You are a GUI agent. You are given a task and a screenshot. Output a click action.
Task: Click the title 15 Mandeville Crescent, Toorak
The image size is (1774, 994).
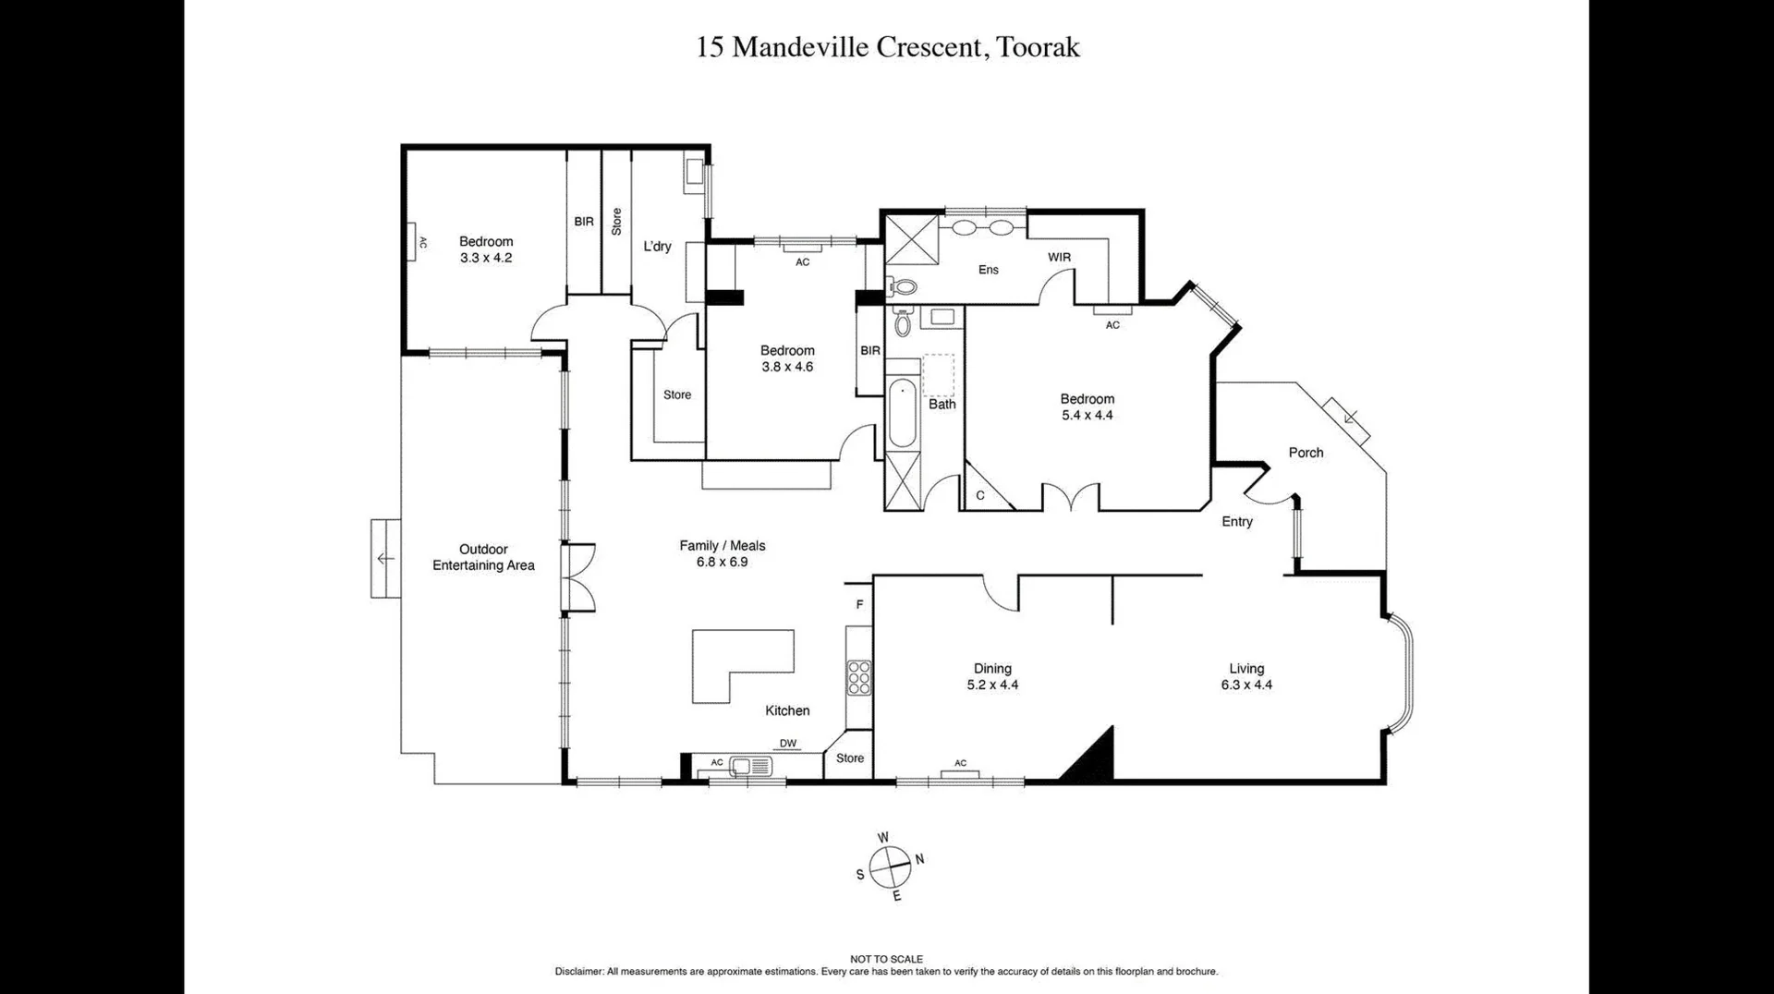tap(887, 47)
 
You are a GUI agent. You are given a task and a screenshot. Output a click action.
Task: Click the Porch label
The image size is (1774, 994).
tap(1306, 453)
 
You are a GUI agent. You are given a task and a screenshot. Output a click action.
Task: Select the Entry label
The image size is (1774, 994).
tap(1236, 522)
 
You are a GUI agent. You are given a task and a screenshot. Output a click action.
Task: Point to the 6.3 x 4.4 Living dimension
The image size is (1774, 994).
tap(1245, 685)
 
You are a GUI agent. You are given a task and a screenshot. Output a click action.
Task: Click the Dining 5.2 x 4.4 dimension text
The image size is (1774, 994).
tap(992, 685)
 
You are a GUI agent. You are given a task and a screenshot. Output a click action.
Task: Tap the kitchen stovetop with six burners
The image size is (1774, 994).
tap(859, 677)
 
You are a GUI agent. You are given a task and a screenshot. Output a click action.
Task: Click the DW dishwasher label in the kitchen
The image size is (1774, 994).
tap(787, 744)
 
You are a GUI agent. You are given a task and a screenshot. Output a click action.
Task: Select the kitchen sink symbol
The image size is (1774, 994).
tap(750, 765)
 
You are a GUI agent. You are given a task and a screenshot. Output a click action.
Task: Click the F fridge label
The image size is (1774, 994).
tap(859, 605)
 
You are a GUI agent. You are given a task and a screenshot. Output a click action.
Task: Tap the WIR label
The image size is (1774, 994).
tap(1059, 258)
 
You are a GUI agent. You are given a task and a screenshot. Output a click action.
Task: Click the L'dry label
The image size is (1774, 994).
tap(657, 247)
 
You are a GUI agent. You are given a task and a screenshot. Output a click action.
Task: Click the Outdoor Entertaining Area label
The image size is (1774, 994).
tap(483, 557)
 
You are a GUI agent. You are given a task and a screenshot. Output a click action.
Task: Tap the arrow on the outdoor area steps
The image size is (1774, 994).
tap(385, 559)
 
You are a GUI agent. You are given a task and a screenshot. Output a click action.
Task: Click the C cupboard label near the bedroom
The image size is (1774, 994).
tap(979, 496)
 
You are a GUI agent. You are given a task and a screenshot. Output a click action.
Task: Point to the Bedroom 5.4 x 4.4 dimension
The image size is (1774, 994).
tap(1087, 416)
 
